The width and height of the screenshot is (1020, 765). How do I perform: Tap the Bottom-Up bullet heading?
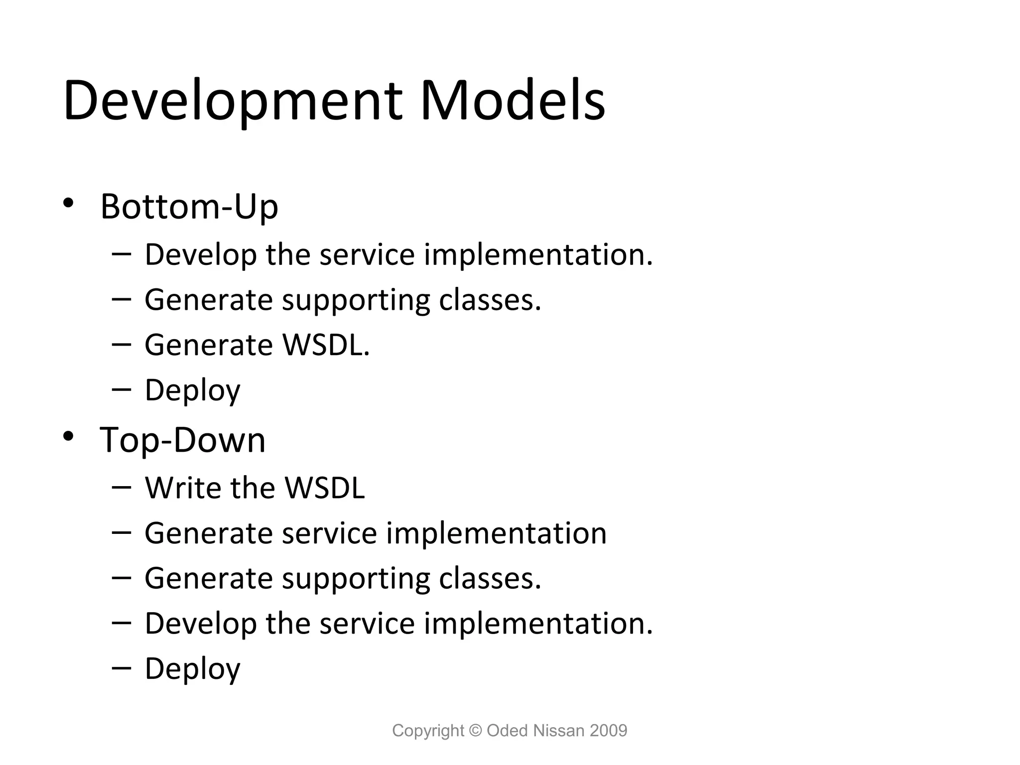(x=189, y=206)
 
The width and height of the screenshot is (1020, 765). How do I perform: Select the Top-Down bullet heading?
(x=182, y=440)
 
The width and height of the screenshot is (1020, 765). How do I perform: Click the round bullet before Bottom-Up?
(x=68, y=203)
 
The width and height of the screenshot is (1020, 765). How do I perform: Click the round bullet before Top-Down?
(x=68, y=437)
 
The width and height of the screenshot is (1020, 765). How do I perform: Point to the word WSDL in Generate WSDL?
(x=326, y=345)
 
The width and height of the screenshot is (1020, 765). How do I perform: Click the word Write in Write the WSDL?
(x=182, y=488)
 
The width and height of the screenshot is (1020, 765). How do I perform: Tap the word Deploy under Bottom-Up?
(x=192, y=390)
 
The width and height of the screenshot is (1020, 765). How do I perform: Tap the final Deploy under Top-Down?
(x=192, y=669)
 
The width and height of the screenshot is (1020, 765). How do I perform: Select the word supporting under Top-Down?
(x=356, y=579)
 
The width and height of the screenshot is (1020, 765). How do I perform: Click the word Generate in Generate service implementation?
(x=208, y=533)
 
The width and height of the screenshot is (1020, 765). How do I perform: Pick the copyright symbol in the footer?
(x=476, y=731)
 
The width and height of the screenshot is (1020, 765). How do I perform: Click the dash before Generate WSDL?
(x=122, y=345)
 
